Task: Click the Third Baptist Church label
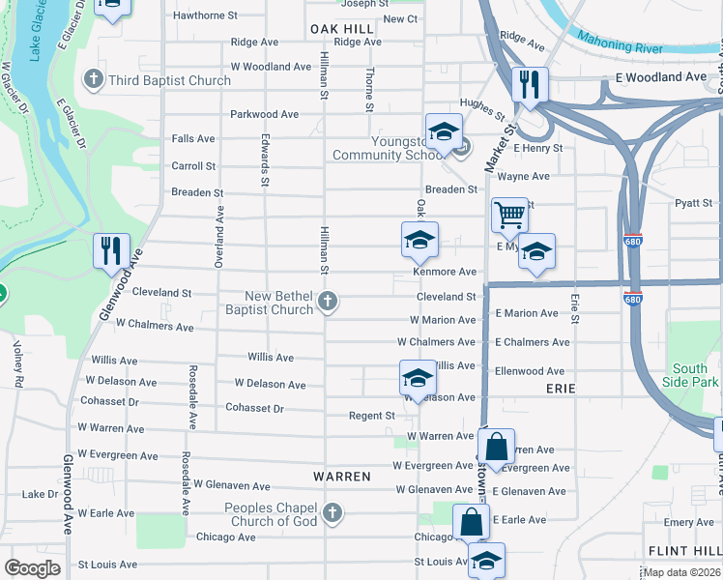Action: tap(170, 80)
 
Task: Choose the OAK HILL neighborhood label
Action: tap(342, 30)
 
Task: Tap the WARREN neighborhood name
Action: tap(342, 477)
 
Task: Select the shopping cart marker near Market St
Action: tap(509, 215)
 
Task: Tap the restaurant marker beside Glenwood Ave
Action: tap(111, 250)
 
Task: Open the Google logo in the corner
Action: tap(32, 567)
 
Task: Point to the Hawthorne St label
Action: tap(205, 16)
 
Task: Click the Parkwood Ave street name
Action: tap(264, 114)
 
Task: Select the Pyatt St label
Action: tap(693, 203)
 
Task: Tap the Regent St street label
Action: tap(372, 416)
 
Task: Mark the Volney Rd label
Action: tap(18, 363)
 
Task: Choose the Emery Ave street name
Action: tap(688, 523)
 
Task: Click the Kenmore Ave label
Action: tap(446, 273)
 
